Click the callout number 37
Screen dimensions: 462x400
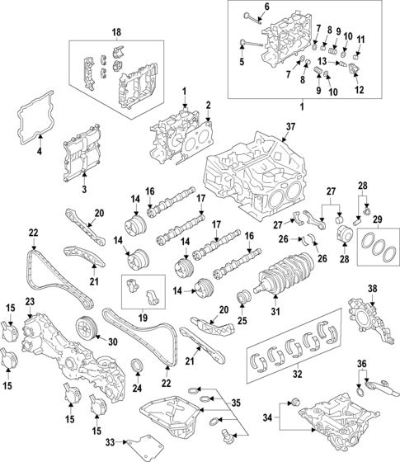click(x=289, y=126)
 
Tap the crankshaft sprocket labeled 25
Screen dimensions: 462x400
click(x=243, y=297)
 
